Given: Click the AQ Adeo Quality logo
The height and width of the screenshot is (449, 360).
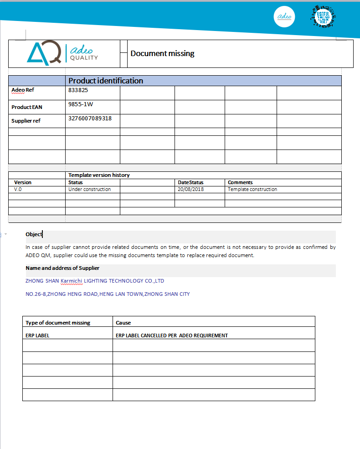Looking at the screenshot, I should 62,53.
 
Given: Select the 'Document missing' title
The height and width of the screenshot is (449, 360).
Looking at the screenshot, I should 162,53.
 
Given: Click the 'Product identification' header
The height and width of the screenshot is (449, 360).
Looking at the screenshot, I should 106,81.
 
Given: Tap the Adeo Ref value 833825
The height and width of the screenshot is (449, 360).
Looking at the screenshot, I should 78,90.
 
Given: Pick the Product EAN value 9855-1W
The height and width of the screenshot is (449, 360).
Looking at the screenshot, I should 81,104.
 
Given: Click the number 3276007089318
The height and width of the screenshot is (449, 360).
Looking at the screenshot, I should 90,119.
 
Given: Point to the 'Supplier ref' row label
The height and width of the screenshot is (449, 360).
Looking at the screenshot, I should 26,121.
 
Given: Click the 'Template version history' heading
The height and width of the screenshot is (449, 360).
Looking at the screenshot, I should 99,175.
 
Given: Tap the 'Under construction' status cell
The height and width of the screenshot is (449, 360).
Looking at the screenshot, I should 89,189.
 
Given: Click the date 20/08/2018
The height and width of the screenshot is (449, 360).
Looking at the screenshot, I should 191,189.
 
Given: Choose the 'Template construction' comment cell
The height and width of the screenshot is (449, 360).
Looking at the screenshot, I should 252,189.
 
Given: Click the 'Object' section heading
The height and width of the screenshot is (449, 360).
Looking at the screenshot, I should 34,234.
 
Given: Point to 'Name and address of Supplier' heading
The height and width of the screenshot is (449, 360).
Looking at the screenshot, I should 62,268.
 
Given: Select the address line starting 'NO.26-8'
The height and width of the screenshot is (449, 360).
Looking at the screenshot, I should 108,294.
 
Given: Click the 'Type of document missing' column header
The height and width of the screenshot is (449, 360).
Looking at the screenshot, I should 58,323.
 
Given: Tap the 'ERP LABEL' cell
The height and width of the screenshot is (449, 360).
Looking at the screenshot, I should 37,335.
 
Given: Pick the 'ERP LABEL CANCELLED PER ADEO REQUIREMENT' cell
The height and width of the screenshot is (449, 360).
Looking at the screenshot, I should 172,335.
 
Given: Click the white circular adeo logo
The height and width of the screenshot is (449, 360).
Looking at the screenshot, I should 284,17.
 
